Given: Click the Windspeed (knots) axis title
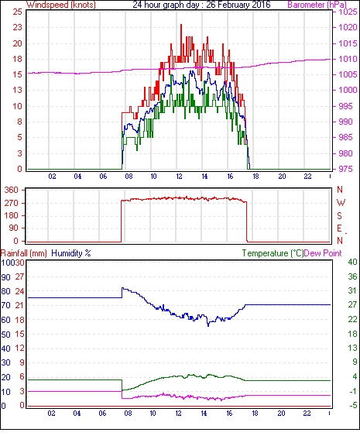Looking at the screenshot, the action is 61,5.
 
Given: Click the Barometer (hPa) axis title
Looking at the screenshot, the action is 317,5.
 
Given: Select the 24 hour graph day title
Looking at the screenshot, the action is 201,5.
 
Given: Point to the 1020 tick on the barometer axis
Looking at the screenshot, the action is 348,27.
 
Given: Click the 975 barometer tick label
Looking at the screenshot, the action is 345,169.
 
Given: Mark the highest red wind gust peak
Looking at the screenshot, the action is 181,25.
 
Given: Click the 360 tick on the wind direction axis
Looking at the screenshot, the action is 12,191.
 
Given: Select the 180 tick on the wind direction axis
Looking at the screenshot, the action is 12,215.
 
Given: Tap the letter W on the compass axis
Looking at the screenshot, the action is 341,203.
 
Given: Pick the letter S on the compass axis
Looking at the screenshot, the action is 339,215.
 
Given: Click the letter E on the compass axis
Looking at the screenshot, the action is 339,228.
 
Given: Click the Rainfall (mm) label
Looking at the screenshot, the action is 24,253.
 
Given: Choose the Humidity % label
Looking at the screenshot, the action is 71,253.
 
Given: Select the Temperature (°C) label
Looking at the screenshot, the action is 273,253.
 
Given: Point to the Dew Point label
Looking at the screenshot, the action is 323,253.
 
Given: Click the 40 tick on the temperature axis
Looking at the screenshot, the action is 352,262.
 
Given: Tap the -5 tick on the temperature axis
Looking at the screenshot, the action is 352,406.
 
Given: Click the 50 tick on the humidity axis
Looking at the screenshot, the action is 6,334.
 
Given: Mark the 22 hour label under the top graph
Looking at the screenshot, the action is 307,177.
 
